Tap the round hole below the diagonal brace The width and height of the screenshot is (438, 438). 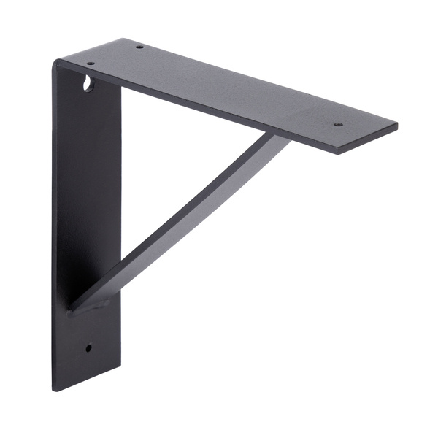89,347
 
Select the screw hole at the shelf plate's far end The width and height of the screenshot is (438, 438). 338,124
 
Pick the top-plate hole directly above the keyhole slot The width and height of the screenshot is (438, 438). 91,64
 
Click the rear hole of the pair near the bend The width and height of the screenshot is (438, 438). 139,47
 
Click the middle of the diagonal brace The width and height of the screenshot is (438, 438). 182,219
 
